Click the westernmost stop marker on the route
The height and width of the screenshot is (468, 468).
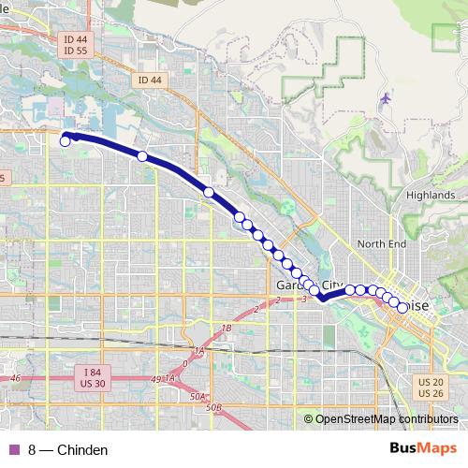[66, 141]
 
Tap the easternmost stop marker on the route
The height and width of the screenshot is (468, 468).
[402, 306]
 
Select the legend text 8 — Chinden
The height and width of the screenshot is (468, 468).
[68, 450]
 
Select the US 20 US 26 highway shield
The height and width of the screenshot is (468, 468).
[431, 387]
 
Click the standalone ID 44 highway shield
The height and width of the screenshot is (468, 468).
[149, 80]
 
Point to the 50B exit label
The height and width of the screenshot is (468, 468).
[213, 407]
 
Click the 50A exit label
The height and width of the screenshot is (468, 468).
[197, 396]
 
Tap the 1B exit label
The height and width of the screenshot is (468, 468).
[226, 329]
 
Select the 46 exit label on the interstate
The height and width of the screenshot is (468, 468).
[15, 377]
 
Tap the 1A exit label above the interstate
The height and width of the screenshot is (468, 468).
[197, 351]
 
